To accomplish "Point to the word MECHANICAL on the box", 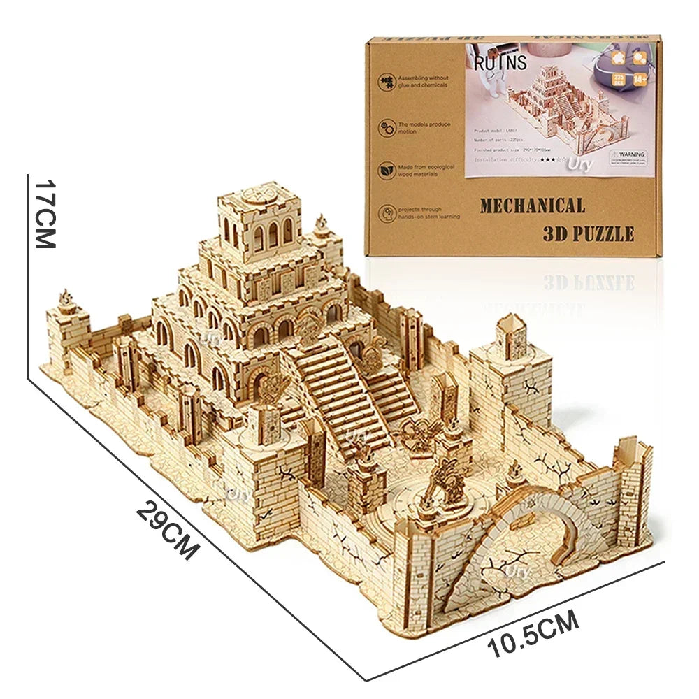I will click(532, 206).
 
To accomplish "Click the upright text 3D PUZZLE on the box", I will click(588, 233).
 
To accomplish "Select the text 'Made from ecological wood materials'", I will click(426, 171).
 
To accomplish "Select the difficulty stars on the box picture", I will click(545, 160).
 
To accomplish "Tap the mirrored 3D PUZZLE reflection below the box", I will click(589, 281).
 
